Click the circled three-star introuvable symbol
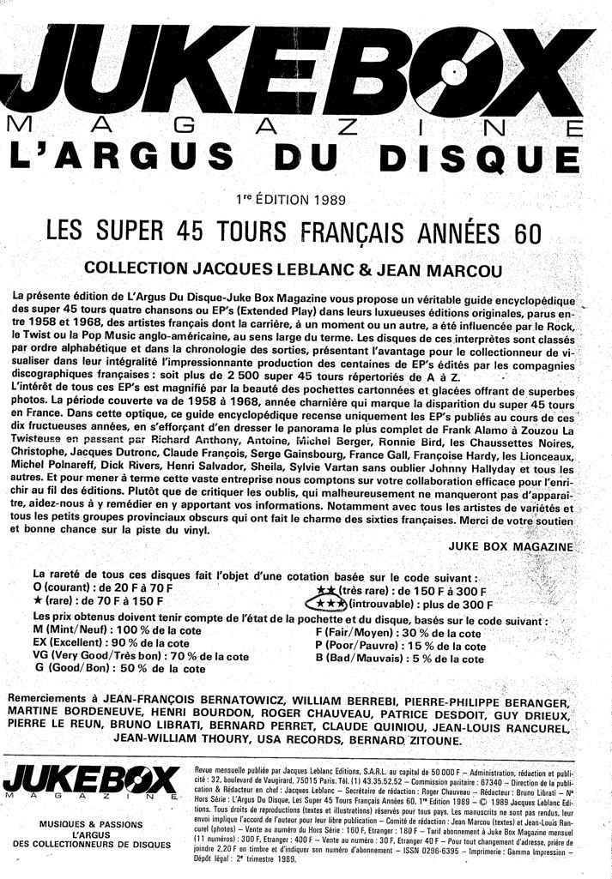pos(319,605)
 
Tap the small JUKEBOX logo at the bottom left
pos(89,780)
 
